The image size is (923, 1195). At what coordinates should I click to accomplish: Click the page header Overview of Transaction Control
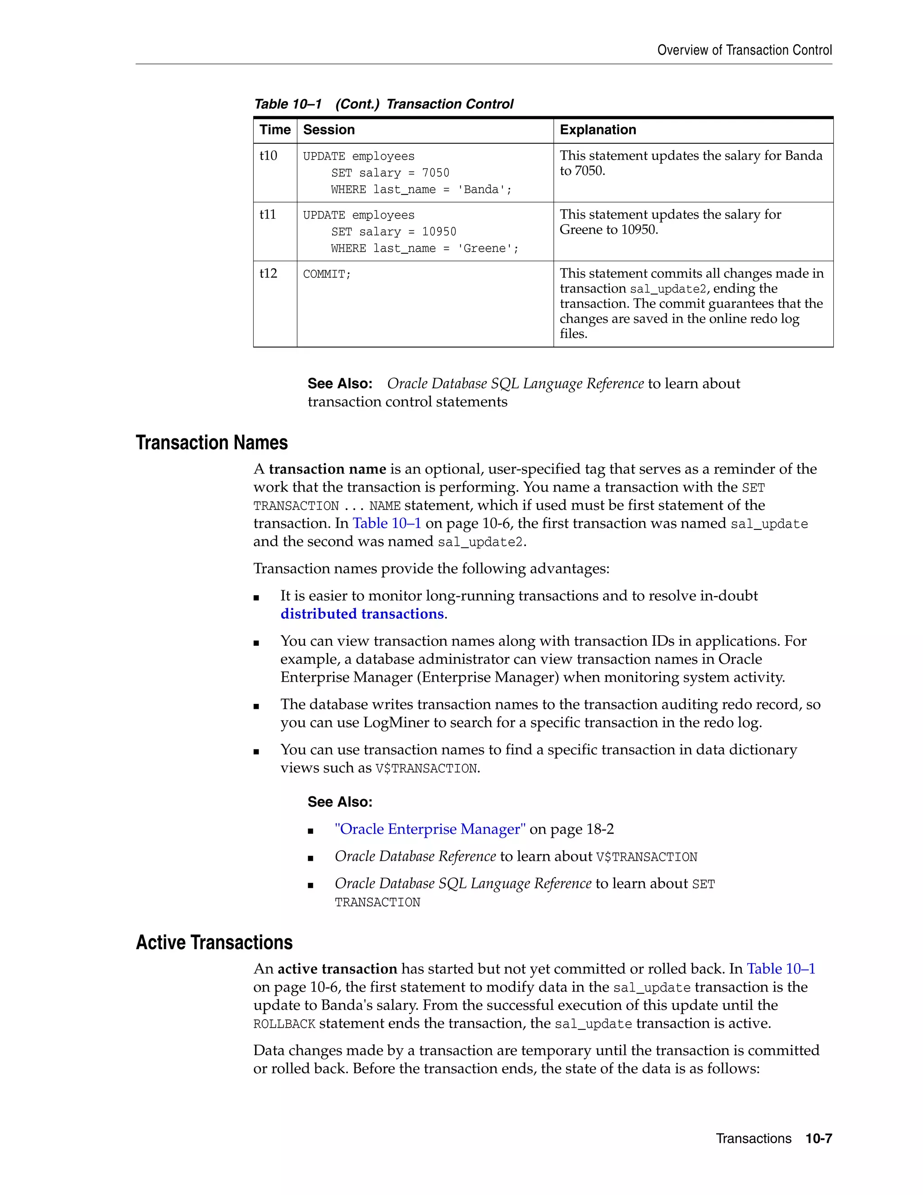click(744, 51)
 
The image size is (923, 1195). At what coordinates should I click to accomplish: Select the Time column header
click(274, 130)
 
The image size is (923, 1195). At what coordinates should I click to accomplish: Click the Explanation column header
click(598, 130)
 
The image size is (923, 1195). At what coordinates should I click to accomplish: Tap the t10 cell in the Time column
click(268, 156)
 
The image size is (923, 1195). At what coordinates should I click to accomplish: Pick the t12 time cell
click(268, 274)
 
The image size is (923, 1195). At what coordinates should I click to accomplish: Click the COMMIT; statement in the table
click(326, 274)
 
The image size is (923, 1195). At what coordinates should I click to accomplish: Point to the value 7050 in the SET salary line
click(435, 173)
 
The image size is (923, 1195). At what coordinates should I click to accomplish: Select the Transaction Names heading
click(212, 443)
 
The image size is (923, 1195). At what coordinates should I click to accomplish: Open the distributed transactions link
click(362, 614)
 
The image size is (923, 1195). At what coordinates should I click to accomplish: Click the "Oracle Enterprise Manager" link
click(430, 829)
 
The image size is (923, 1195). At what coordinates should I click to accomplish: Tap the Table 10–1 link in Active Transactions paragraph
click(781, 969)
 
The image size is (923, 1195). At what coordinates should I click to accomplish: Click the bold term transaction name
click(327, 469)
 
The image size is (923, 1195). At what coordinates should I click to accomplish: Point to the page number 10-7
click(818, 1138)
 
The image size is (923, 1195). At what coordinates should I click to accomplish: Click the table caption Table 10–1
click(288, 104)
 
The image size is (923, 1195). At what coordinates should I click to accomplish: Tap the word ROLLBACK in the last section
click(284, 1024)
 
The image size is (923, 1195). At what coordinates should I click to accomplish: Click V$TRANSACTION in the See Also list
click(646, 857)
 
